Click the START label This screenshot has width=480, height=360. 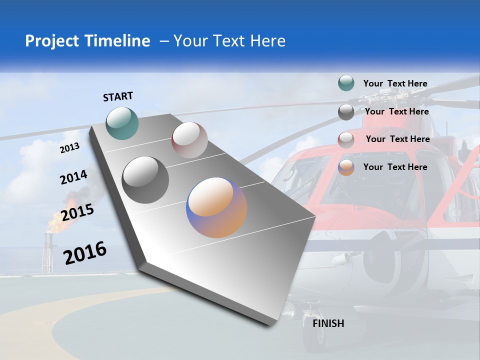(118, 96)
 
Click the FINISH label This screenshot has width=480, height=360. (328, 323)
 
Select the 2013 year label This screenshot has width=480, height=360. (69, 147)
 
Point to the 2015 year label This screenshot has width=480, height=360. (77, 212)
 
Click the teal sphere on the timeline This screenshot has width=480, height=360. (122, 123)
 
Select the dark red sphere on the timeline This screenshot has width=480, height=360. (189, 140)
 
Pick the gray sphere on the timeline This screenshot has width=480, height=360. (145, 180)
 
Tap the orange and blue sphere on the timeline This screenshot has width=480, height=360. (216, 207)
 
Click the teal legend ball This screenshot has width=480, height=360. (346, 83)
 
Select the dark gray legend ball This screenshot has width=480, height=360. (346, 112)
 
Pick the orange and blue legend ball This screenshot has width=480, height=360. (346, 167)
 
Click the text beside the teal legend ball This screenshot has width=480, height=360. (395, 83)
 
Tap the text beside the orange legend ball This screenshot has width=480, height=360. (395, 167)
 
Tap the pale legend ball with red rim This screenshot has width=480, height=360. (346, 139)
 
